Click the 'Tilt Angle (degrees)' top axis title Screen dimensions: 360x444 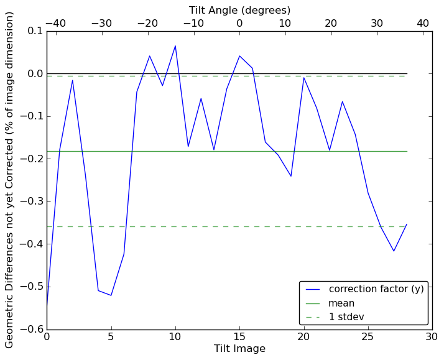point(239,10)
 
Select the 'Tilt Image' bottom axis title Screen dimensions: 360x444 point(239,349)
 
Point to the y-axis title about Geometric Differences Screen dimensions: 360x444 point(10,180)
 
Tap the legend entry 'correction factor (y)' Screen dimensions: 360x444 point(376,289)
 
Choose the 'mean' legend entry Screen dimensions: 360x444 point(341,303)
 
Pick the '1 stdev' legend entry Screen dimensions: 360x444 point(346,317)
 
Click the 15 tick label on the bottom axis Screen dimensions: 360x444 point(239,338)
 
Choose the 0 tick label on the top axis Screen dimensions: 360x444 point(239,23)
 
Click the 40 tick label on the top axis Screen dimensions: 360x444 point(423,23)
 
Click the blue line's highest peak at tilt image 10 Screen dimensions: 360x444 point(175,46)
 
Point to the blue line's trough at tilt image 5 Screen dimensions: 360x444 point(111,295)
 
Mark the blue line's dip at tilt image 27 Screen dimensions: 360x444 point(394,251)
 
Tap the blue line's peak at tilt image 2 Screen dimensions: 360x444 point(72,80)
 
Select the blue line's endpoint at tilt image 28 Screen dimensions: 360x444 point(407,224)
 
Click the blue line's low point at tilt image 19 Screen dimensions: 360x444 point(291,176)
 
